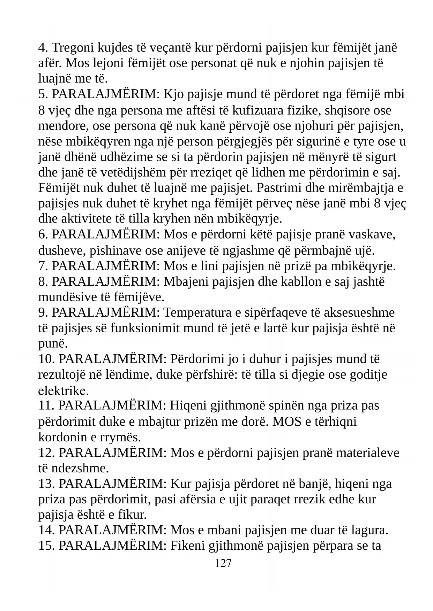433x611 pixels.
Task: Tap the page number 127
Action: coord(223,563)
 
